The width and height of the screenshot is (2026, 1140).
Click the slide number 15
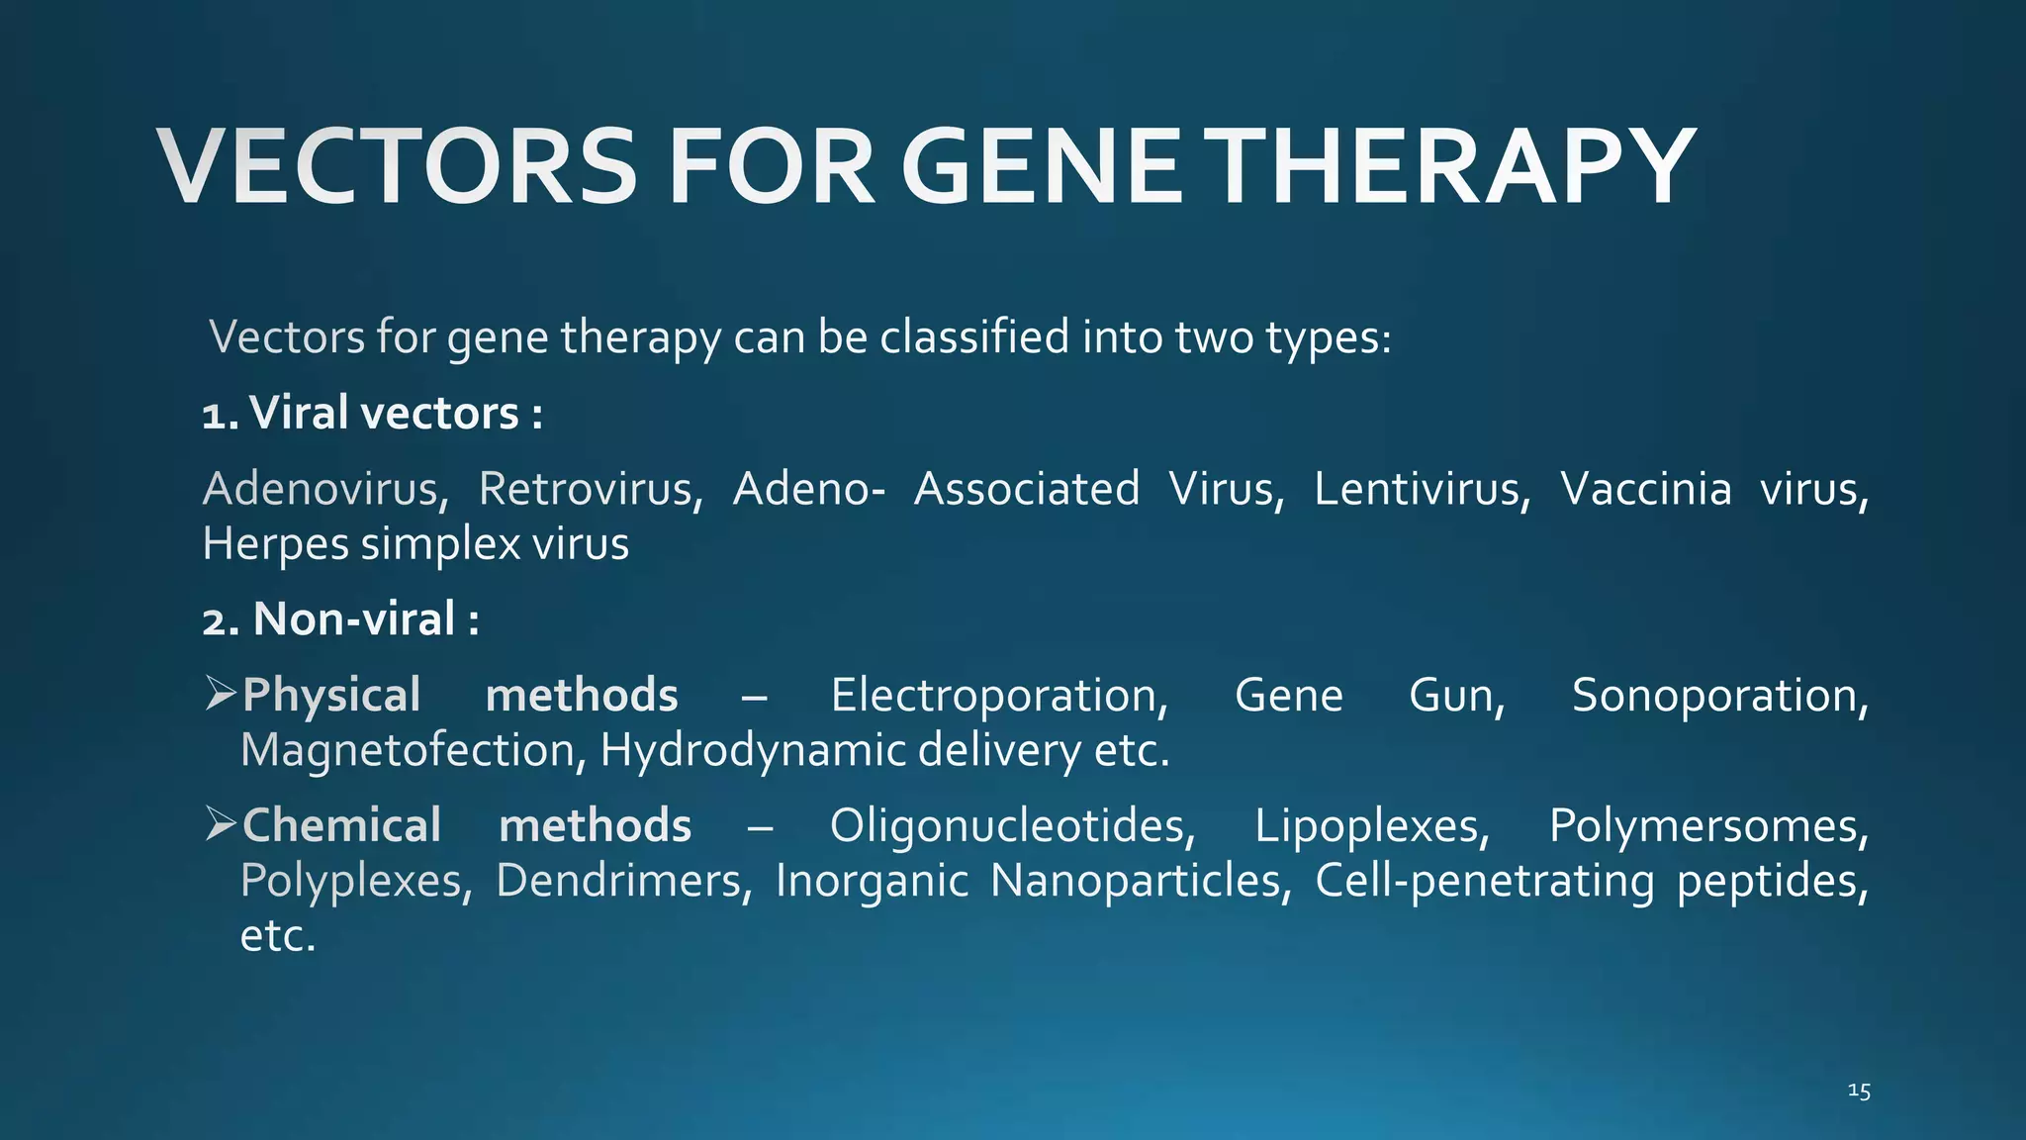point(1859,1092)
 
